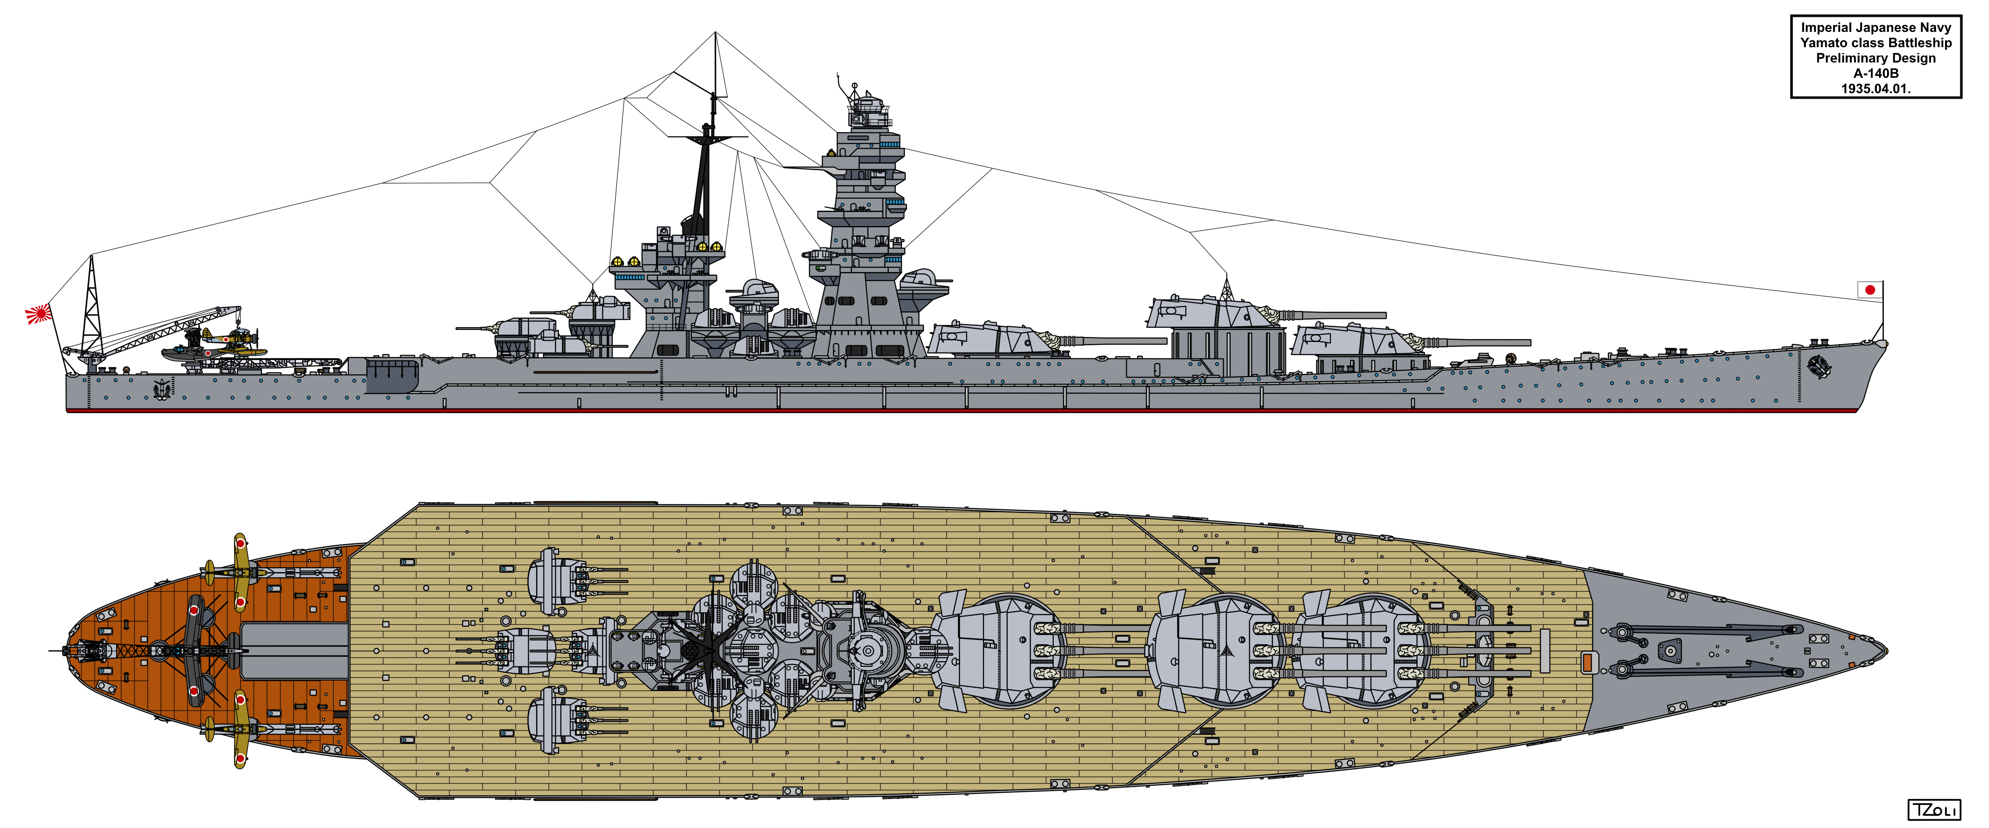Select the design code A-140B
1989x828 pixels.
1875,73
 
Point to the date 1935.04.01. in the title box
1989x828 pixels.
1875,89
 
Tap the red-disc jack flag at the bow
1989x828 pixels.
1869,290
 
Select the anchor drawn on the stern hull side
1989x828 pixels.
162,389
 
